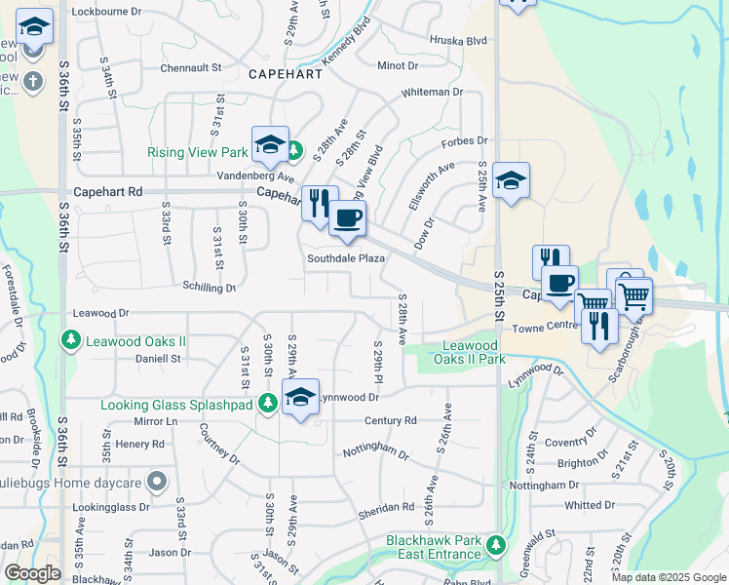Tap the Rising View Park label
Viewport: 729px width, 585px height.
(x=198, y=153)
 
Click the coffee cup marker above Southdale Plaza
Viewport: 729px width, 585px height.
(x=346, y=218)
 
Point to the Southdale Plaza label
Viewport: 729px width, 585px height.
(x=346, y=259)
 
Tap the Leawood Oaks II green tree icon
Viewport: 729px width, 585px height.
(x=70, y=340)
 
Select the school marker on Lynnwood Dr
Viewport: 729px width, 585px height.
(x=301, y=398)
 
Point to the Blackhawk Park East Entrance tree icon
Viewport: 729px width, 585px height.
(x=497, y=544)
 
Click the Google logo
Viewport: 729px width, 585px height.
(x=32, y=573)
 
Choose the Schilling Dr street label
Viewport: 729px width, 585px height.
(x=210, y=288)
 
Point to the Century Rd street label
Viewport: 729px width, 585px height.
(x=390, y=420)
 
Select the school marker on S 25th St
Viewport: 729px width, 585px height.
(x=511, y=181)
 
